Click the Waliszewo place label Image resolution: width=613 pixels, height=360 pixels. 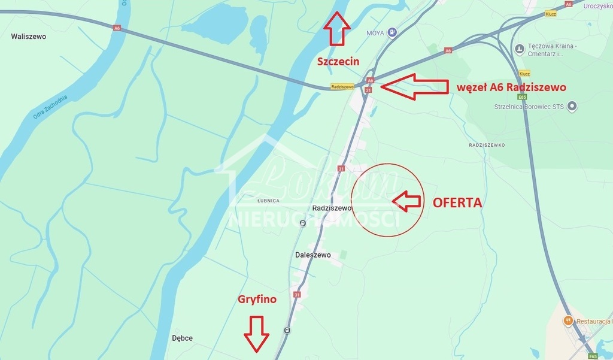(x=28, y=37)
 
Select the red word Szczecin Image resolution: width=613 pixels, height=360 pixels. (x=338, y=61)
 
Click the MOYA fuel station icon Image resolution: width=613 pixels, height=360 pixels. (x=392, y=32)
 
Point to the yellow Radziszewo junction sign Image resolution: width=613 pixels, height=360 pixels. (x=342, y=86)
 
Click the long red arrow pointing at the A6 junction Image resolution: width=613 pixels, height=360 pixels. (x=414, y=87)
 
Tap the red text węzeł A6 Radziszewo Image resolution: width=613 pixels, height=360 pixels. (x=511, y=87)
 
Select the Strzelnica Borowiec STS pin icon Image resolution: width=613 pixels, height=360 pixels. (x=572, y=107)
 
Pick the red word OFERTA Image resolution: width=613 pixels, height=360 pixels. (x=457, y=202)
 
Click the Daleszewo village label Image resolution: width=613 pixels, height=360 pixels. (x=313, y=255)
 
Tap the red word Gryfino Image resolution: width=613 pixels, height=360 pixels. (x=257, y=299)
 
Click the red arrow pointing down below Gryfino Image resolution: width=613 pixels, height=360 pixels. (x=257, y=333)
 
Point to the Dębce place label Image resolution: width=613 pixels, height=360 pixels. (x=182, y=338)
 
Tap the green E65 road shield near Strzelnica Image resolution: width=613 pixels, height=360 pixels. (x=523, y=96)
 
